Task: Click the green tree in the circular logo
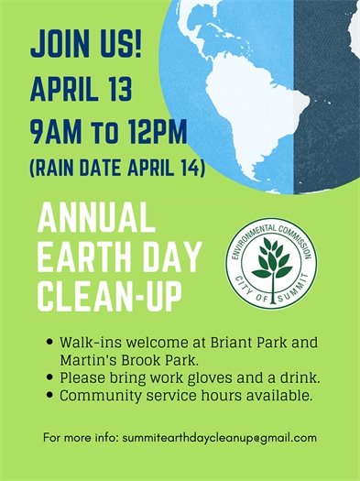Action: [272, 263]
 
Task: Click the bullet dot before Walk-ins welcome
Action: [49, 344]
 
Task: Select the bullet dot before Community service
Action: [49, 396]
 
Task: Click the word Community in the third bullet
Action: [95, 396]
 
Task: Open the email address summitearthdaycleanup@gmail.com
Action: [219, 438]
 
